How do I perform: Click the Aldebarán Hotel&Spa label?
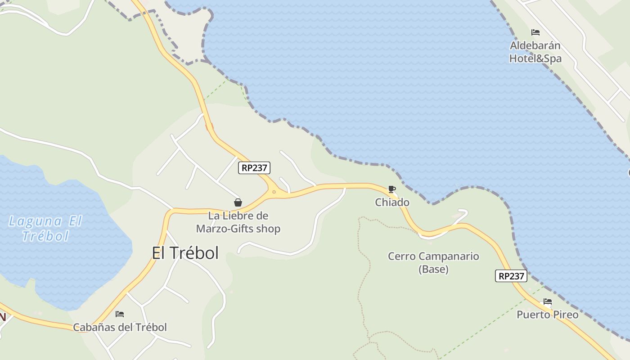click(535, 52)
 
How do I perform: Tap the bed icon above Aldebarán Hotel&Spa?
click(535, 32)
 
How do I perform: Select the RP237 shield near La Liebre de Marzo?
click(254, 168)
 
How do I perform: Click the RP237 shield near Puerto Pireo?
click(511, 276)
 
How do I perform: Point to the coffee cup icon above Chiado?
click(391, 189)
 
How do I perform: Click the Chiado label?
click(392, 202)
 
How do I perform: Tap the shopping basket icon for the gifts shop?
click(238, 203)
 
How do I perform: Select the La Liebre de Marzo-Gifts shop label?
click(238, 222)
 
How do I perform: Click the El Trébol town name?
click(185, 253)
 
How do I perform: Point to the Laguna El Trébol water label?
click(45, 228)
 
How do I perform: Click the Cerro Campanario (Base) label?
click(433, 263)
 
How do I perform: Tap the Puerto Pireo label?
click(547, 315)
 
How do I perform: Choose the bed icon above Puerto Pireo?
click(548, 301)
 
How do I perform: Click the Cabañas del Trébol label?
click(120, 327)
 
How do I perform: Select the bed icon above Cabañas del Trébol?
click(120, 314)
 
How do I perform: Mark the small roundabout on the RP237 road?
click(274, 192)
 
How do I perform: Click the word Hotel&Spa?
click(535, 58)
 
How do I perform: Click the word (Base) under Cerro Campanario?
click(433, 270)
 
